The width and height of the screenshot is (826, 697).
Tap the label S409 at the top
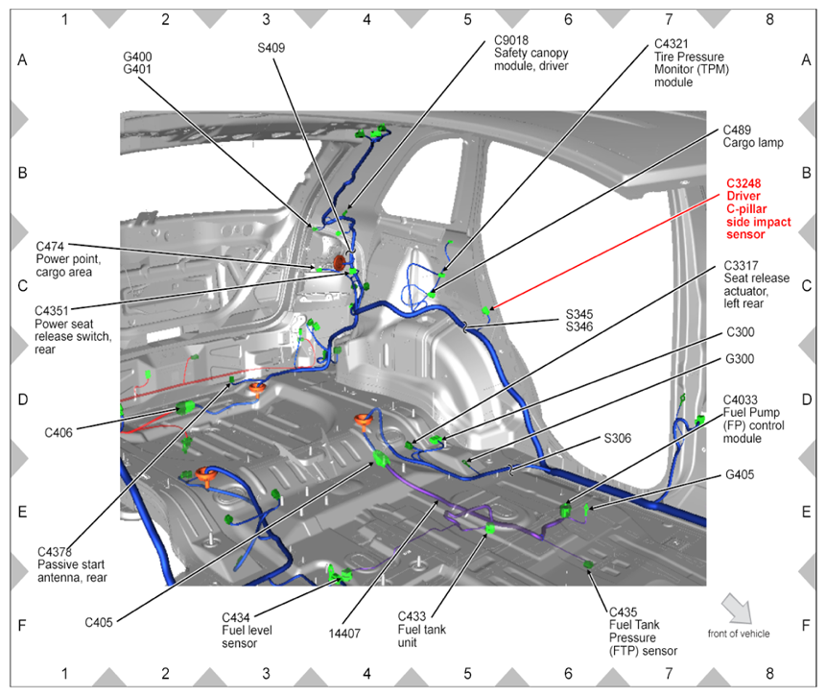point(271,47)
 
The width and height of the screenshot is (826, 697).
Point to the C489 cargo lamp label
point(742,129)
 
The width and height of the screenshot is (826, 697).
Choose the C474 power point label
point(54,246)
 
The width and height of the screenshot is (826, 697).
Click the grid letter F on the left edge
point(22,624)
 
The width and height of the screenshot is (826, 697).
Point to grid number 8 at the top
point(770,18)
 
